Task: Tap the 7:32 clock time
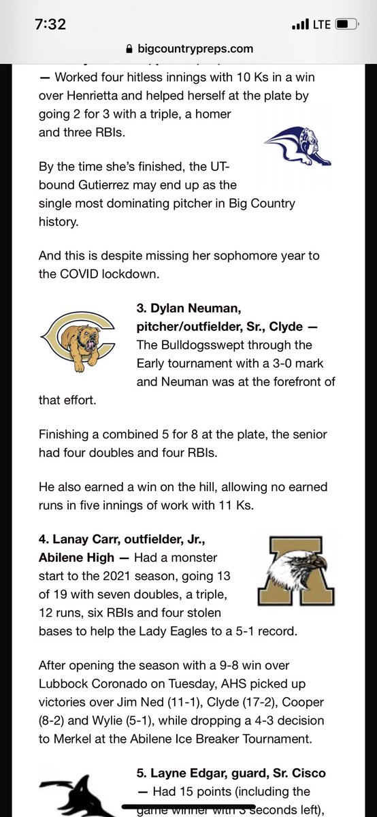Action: [x=50, y=25]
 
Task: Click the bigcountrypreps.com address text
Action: [x=195, y=48]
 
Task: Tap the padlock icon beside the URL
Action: [x=130, y=48]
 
